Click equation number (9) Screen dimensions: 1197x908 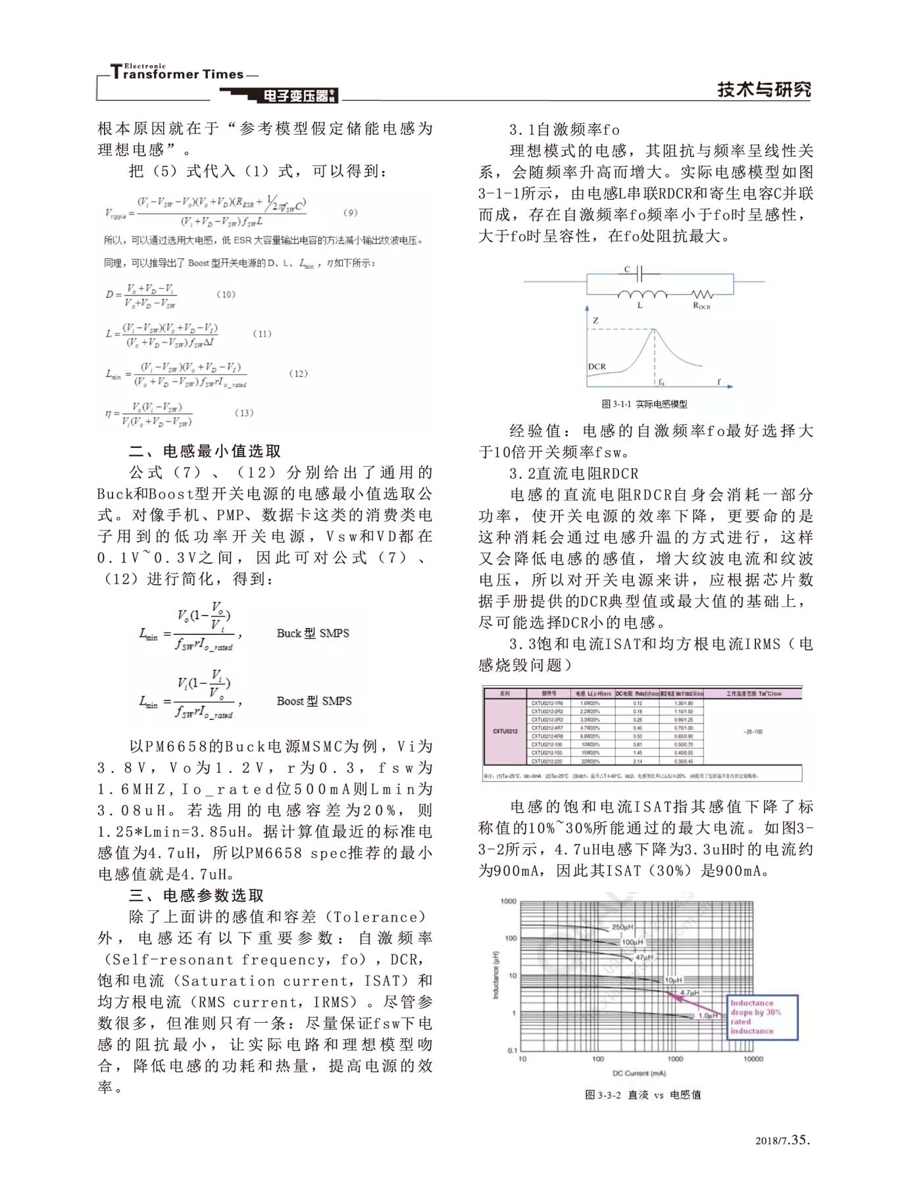coord(351,212)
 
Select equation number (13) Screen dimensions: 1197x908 coord(244,413)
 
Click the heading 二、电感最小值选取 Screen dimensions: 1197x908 coord(205,451)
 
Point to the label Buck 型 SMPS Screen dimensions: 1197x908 coord(313,633)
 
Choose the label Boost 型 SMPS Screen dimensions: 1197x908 coord(314,701)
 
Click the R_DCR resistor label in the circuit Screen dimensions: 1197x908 coord(701,306)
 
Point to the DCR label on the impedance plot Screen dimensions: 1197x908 coord(597,366)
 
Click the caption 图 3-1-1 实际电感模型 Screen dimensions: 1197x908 coord(644,404)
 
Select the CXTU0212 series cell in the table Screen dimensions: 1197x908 coord(505,731)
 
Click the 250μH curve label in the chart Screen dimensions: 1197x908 coord(622,927)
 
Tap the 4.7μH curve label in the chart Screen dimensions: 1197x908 coord(689,992)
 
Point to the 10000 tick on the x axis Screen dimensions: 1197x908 coord(753,1059)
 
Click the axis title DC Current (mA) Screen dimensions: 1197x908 coord(639,1073)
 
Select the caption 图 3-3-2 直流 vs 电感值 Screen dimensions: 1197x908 coord(642,1094)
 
